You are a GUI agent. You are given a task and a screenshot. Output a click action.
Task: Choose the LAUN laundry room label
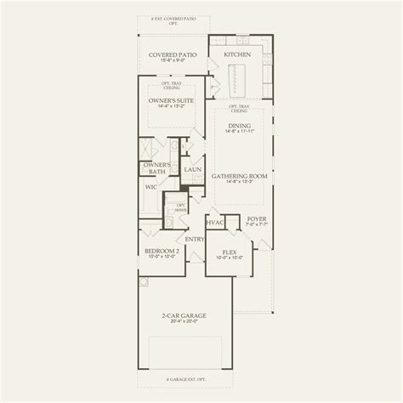click(x=193, y=169)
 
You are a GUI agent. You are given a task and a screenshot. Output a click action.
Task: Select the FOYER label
click(x=256, y=218)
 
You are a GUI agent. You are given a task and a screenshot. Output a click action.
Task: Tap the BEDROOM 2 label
click(x=162, y=252)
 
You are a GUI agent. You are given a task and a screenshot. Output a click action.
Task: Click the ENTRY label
click(x=195, y=239)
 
